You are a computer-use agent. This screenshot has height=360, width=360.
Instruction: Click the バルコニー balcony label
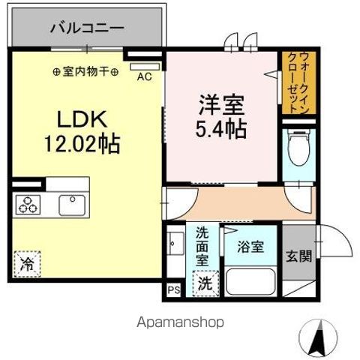tap(87, 28)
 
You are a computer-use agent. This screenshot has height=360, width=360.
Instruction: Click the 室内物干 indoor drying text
tap(86, 72)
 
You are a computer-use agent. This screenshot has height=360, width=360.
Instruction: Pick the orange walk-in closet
tap(298, 82)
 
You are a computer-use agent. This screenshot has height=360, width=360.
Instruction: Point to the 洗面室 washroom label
tap(202, 247)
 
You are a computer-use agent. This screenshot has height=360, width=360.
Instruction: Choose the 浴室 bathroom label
tap(251, 245)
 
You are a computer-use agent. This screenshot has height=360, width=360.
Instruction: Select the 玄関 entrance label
tap(298, 256)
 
